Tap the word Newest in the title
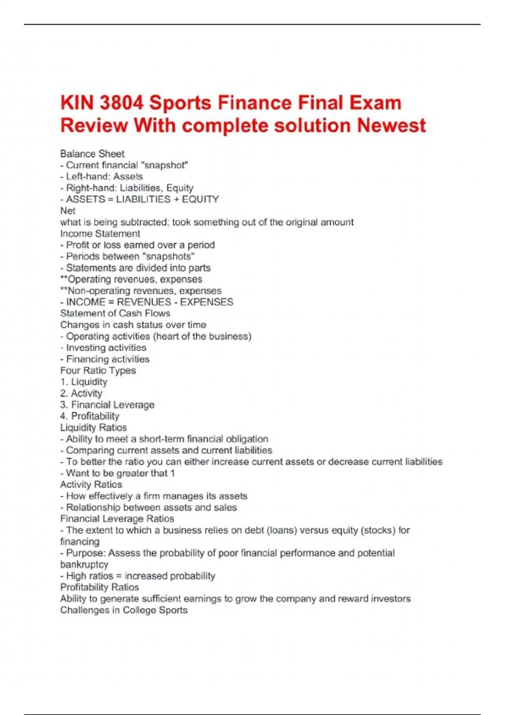pos(391,125)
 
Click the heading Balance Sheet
pos(92,154)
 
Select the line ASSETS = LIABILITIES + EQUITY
pos(140,199)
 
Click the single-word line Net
pos(68,211)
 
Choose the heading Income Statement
pos(100,233)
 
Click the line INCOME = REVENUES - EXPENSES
pos(147,302)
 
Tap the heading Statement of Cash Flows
pos(115,313)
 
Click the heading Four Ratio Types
pos(98,371)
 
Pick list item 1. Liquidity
pos(84,382)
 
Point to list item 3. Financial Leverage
pos(107,405)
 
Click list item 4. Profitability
pos(90,416)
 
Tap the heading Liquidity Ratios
pos(93,428)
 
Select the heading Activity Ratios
pos(91,485)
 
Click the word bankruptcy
pos(84,564)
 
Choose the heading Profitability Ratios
pos(99,587)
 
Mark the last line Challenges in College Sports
pos(124,610)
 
